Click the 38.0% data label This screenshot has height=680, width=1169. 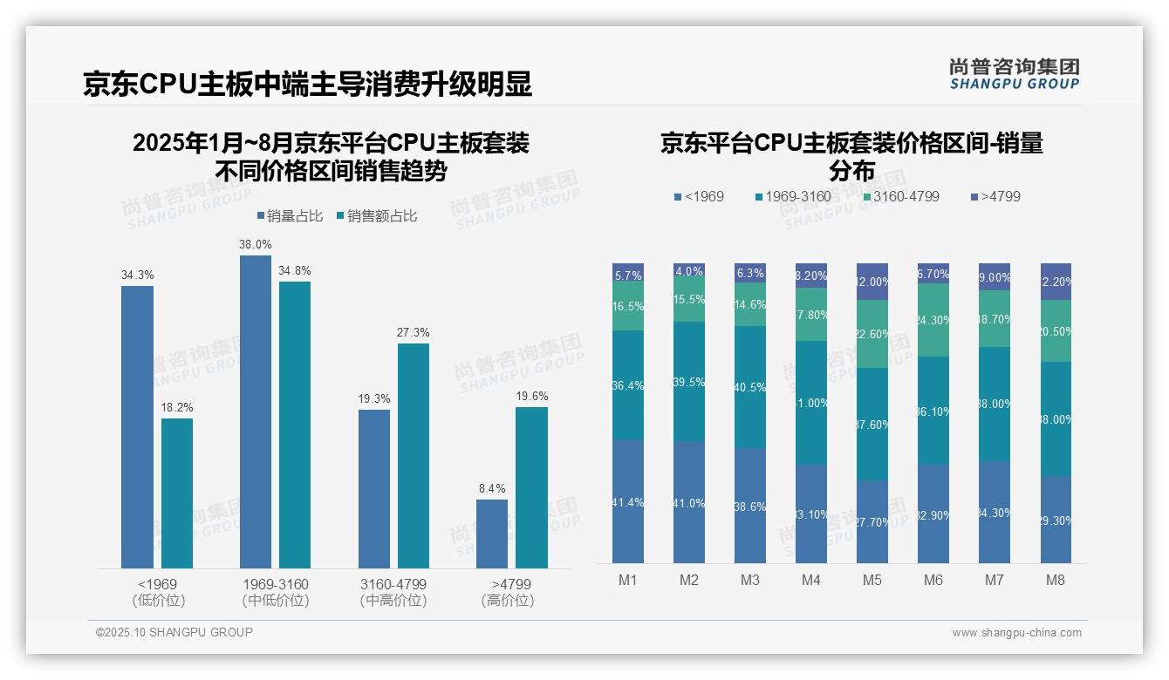(256, 245)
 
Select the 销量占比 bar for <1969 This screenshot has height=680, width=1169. (137, 427)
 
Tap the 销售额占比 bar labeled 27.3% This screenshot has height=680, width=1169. (414, 455)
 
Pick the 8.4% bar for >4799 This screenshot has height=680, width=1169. (492, 534)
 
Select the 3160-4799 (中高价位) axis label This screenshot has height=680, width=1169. (393, 592)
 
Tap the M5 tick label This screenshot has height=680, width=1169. (872, 581)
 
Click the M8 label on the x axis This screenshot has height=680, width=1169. (1055, 581)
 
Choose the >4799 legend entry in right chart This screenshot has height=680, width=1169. (995, 197)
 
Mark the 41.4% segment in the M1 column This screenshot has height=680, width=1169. (628, 501)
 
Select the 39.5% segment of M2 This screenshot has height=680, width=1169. (689, 382)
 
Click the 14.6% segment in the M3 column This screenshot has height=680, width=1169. (750, 304)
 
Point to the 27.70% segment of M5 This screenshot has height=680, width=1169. (872, 521)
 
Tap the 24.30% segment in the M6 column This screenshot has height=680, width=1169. (933, 320)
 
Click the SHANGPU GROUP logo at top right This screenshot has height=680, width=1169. (1014, 74)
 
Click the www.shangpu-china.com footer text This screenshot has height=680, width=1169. (1016, 633)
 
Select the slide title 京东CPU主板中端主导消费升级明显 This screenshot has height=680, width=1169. (307, 85)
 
